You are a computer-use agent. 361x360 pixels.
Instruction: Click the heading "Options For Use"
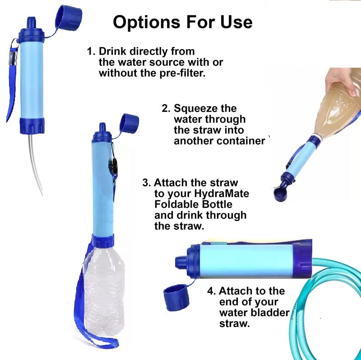(x=182, y=21)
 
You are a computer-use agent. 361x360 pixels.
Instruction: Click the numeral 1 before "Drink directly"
(x=90, y=51)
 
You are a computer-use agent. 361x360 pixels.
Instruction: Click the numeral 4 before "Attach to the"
(x=210, y=291)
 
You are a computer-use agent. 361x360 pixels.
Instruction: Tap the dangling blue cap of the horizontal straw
(x=176, y=298)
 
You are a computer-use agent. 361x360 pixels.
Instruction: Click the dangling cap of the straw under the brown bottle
(x=282, y=194)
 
